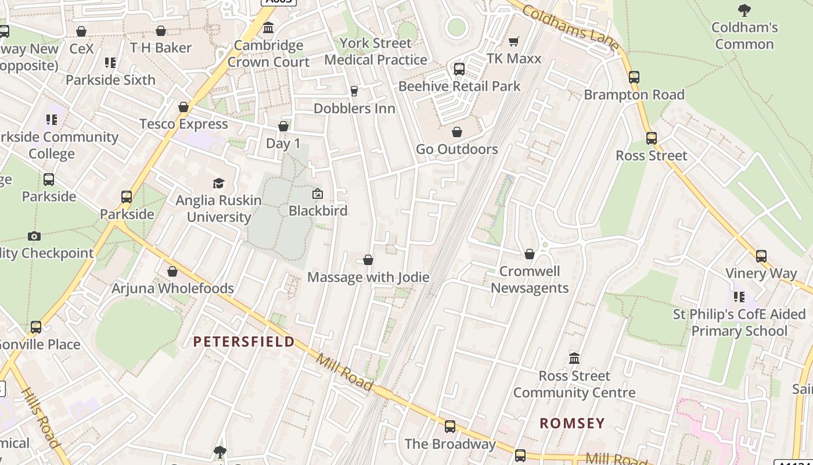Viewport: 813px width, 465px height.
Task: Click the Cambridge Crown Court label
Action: coord(268,53)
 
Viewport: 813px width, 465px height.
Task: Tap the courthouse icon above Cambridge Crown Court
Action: coord(268,27)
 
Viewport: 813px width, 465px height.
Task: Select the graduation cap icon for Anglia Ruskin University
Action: coord(218,184)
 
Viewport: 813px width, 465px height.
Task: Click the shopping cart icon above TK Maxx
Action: coord(513,41)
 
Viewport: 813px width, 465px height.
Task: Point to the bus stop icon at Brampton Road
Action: coord(634,77)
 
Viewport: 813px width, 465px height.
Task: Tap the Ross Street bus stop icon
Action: coord(652,138)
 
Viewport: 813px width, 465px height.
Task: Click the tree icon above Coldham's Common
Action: coord(744,10)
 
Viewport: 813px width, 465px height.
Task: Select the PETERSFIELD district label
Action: coord(244,341)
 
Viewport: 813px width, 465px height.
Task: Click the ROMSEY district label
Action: coord(572,423)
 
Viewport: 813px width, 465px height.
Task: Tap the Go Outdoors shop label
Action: coord(457,149)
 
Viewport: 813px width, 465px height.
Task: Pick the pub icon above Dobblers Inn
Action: coord(354,91)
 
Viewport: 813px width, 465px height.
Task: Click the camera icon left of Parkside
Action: coord(34,236)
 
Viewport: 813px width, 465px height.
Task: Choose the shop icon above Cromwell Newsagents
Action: coord(530,254)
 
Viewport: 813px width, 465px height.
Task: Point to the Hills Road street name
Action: coord(41,417)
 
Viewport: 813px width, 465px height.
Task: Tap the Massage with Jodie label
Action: coord(368,277)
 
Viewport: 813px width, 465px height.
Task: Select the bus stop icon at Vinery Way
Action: coord(761,256)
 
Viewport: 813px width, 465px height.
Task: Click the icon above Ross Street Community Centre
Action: coord(574,358)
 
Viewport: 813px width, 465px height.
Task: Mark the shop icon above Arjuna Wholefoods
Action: coord(172,271)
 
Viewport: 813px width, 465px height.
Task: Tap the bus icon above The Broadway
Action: coord(450,427)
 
